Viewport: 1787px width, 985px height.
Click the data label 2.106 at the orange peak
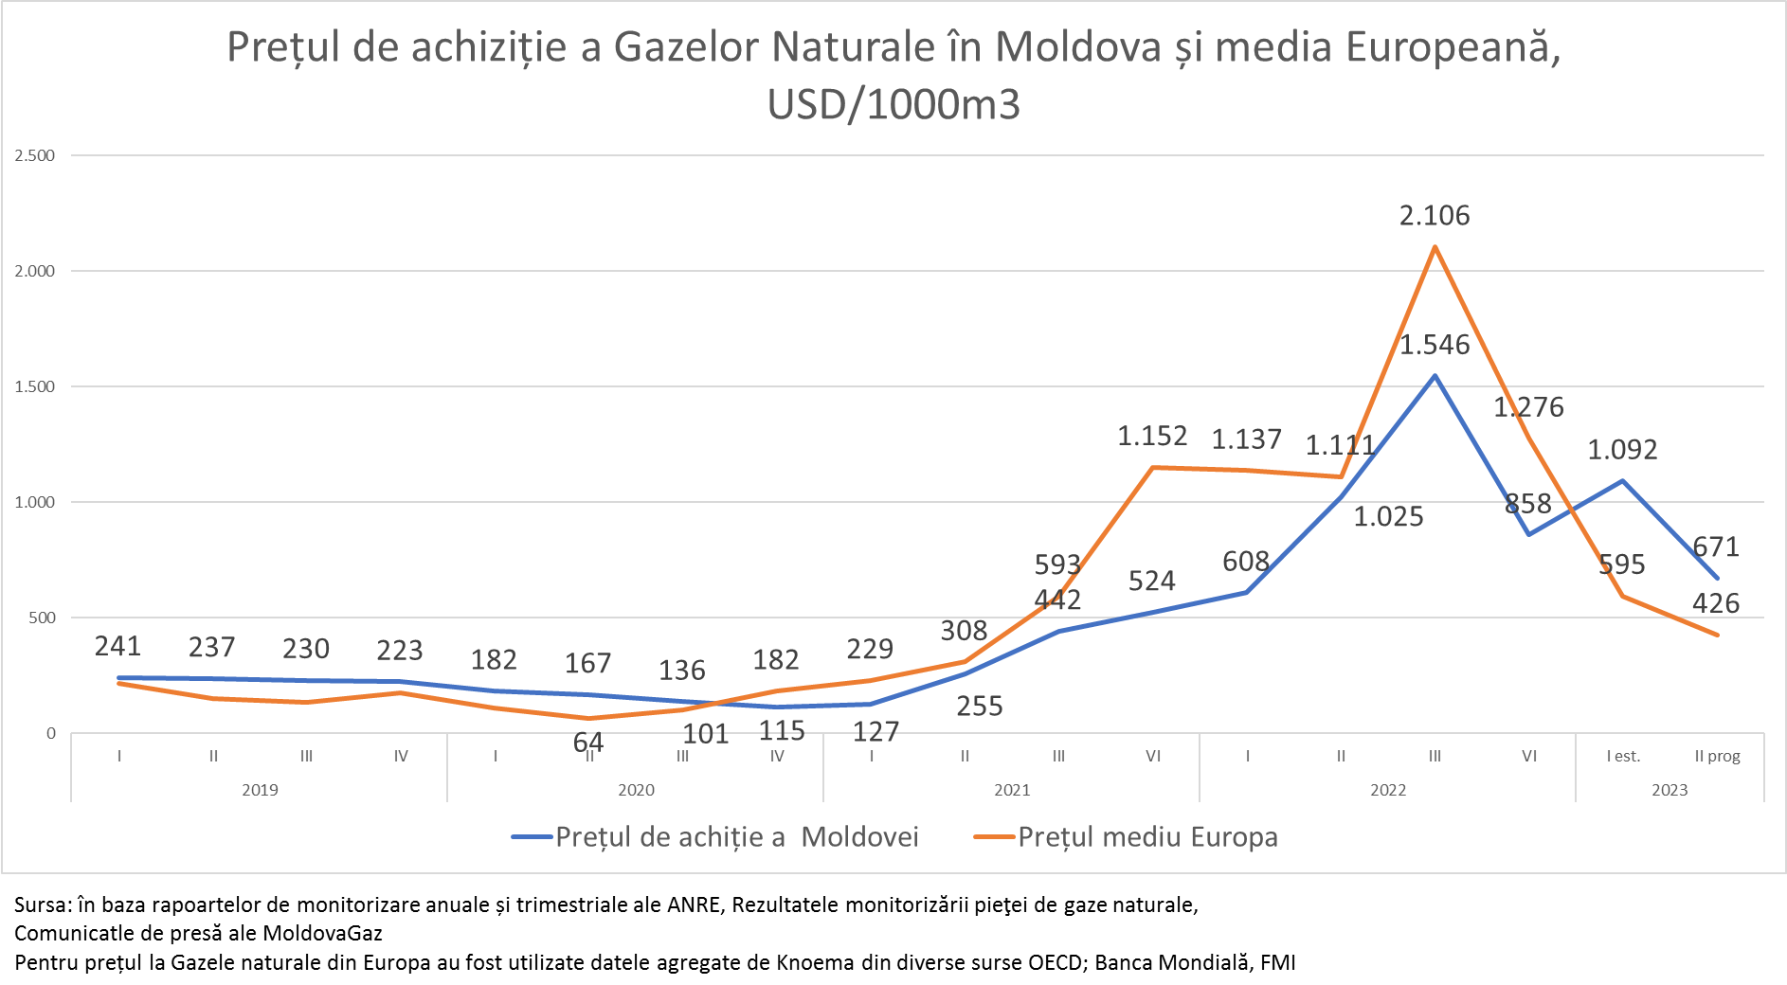1435,216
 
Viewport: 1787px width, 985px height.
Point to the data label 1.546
1435,345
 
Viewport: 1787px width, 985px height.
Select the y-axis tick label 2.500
35,155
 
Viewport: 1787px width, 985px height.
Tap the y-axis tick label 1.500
35,386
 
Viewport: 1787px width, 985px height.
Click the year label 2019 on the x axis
260,790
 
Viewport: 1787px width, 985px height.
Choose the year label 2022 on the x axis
1388,790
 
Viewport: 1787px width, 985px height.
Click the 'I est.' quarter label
1623,756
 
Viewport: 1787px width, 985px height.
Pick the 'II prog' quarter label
1717,756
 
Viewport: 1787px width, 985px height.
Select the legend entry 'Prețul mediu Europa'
1147,837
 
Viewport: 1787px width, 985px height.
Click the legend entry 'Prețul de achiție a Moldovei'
736,837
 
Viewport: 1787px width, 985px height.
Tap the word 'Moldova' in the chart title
1078,47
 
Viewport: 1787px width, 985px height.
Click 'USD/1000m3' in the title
893,104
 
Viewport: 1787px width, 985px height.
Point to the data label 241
117,646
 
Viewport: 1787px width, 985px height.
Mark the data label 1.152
1152,436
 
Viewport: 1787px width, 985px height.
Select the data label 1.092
1622,450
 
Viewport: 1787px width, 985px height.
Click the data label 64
588,743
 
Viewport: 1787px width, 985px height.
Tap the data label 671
1716,547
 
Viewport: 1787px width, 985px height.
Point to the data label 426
1716,603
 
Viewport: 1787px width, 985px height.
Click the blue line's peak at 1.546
1435,376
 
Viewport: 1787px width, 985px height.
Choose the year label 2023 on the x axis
1670,790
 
